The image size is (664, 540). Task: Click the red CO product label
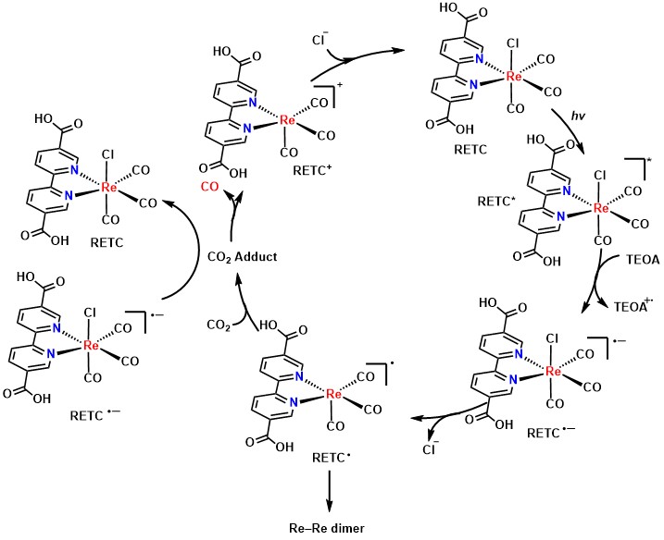coord(209,187)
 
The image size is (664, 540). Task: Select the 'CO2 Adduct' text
coord(243,257)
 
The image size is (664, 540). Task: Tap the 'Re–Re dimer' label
coord(327,528)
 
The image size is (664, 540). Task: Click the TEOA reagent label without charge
coord(643,260)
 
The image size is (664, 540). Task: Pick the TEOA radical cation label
coord(633,305)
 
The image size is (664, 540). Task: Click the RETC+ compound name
coord(312,170)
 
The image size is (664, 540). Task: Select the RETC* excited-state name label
coord(496,201)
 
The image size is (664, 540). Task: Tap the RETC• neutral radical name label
coord(332,458)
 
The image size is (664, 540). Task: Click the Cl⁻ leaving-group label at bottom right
coord(431,448)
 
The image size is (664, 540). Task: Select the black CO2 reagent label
coord(219,325)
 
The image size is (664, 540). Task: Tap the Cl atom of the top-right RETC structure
coord(512,43)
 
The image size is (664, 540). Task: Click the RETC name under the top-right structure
coord(470,149)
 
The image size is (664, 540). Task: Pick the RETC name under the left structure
coord(106,243)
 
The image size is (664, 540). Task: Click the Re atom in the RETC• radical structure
coord(333,395)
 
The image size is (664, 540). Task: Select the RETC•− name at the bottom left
coord(94,416)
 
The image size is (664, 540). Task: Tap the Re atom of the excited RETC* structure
coord(600,208)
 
